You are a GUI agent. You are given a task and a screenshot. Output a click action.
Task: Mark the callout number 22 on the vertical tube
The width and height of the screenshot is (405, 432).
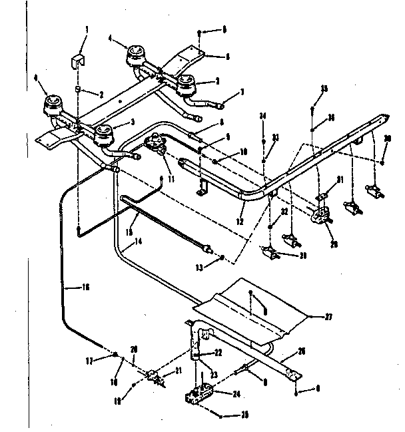pyautogui.click(x=217, y=353)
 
